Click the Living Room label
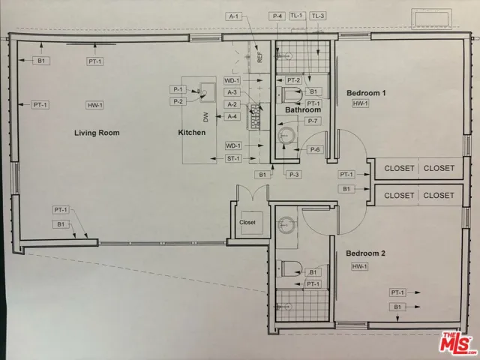coord(97,133)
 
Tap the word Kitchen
coord(191,133)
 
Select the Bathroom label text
coord(303,110)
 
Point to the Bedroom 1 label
coord(366,93)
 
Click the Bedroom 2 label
coord(366,253)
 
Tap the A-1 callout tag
coord(232,16)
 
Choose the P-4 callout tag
coord(277,16)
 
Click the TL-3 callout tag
coord(318,16)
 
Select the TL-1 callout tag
coord(297,16)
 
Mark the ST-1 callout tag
coord(233,158)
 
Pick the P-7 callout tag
coord(313,121)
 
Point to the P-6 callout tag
coord(316,149)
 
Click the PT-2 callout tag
coord(293,81)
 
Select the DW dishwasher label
coord(205,116)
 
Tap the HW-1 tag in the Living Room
coord(94,104)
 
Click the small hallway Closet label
coord(247,223)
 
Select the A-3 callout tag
coord(232,92)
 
